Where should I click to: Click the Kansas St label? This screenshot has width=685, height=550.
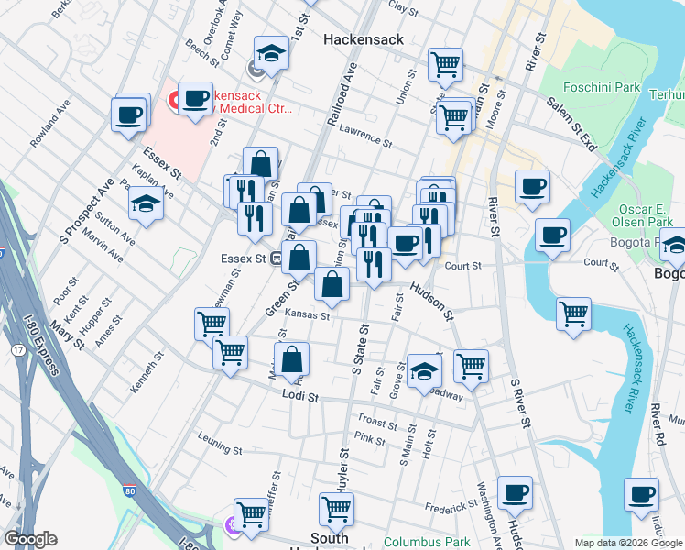(x=307, y=314)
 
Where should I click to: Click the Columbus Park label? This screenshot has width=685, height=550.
(x=420, y=542)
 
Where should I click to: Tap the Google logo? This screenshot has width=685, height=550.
(x=31, y=539)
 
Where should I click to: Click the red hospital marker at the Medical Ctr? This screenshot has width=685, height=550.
(x=173, y=97)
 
